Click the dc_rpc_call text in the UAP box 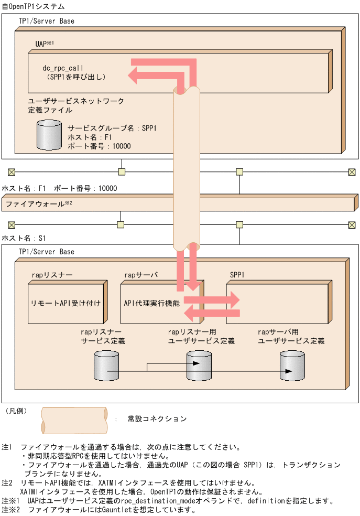coord(63,68)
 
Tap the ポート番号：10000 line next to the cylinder coord(99,146)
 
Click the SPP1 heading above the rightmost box coord(237,275)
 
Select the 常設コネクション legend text coord(157,419)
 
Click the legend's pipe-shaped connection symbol coord(74,419)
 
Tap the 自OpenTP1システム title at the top coord(34,6)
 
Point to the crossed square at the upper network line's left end coord(12,171)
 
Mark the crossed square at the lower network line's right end coord(352,225)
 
